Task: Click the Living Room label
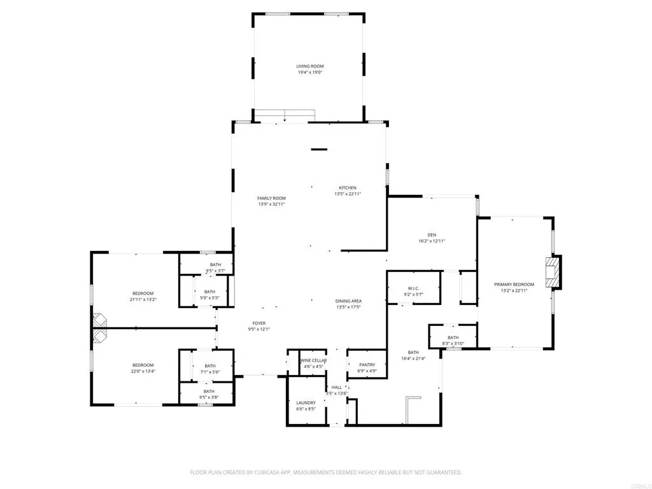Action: point(309,66)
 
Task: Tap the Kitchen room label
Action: point(347,188)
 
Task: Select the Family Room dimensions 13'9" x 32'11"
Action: point(271,204)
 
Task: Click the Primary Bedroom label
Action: point(514,284)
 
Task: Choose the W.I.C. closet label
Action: point(413,288)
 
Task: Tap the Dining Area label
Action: point(348,301)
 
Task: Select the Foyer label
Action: point(259,323)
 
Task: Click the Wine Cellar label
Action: point(313,360)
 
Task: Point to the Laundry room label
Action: point(306,402)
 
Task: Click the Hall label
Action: point(336,387)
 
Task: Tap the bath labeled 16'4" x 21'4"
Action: point(413,352)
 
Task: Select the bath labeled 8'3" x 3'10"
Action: point(453,337)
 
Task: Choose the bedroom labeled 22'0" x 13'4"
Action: point(143,365)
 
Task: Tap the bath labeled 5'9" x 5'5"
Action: point(209,292)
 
